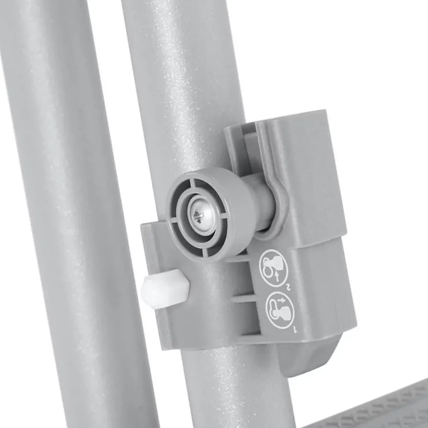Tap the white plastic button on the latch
point(165,289)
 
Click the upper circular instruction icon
point(273,268)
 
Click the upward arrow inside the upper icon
point(277,276)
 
